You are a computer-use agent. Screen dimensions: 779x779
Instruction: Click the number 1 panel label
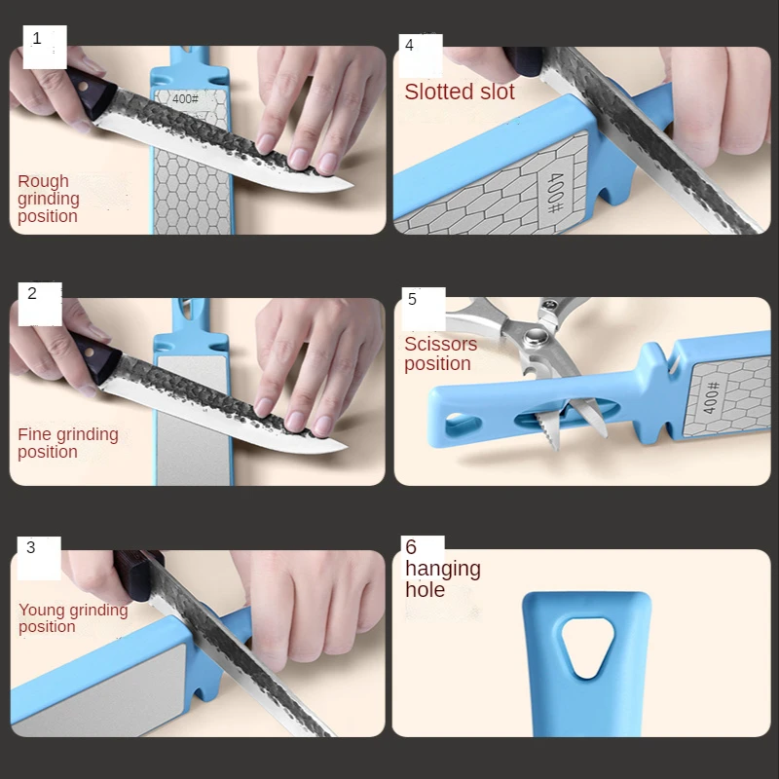pos(37,39)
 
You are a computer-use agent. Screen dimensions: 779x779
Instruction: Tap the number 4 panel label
pos(409,45)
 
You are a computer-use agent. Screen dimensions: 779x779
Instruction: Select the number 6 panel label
pos(411,547)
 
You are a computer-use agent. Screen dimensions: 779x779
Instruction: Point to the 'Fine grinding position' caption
pos(67,443)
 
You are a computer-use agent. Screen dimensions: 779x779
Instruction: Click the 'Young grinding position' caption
pos(73,618)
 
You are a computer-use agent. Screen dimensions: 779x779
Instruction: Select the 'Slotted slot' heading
pos(459,93)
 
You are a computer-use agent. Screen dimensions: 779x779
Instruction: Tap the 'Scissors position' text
pos(440,353)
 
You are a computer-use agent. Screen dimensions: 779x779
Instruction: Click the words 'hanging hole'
pos(442,578)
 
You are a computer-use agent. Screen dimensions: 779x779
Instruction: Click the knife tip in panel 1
pos(349,188)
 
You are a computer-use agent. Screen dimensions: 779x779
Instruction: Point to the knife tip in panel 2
pos(344,448)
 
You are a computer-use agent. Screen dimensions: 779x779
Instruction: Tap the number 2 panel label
pos(32,293)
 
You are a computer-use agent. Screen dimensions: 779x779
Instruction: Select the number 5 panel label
pos(412,299)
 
